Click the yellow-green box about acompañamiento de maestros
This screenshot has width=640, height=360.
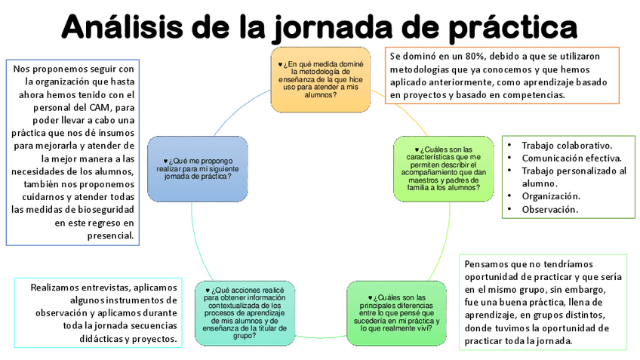coord(444,168)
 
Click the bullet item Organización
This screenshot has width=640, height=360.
coord(550,196)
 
